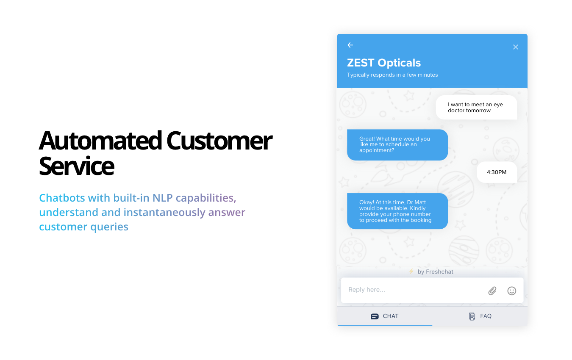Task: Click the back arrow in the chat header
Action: click(x=350, y=45)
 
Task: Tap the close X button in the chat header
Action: click(x=516, y=47)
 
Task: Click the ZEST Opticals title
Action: click(x=384, y=63)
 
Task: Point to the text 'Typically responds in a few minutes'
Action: click(x=392, y=75)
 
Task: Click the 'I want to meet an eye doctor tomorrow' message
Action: click(x=476, y=108)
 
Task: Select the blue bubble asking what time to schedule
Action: click(x=397, y=145)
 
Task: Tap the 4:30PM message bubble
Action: click(x=497, y=172)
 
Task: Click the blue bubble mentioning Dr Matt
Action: click(x=397, y=211)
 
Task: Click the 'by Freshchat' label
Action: click(x=435, y=272)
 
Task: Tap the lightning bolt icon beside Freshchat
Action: click(x=411, y=271)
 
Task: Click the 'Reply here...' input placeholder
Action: click(x=367, y=290)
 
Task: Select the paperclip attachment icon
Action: click(x=492, y=291)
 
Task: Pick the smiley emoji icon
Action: click(x=512, y=291)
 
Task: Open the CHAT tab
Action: click(x=385, y=316)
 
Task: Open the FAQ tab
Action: click(x=480, y=316)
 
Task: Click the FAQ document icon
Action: click(x=472, y=316)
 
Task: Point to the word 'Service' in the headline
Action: click(x=76, y=166)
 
